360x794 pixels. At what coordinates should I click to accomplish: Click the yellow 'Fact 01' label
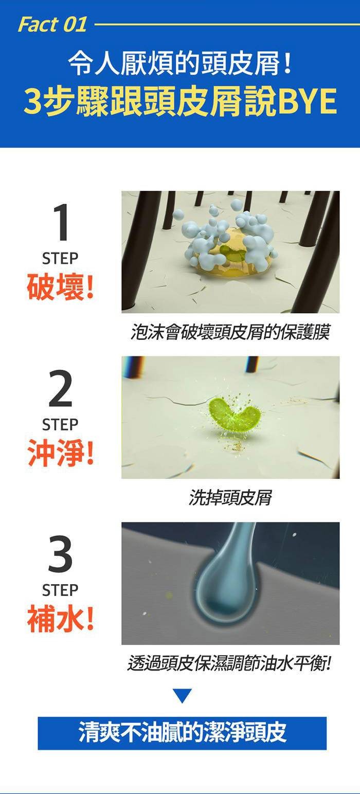(x=52, y=25)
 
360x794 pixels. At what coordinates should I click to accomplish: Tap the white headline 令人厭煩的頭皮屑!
(x=181, y=65)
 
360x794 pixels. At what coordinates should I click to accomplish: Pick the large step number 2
(x=60, y=388)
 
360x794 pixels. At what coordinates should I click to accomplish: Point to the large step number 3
(x=60, y=554)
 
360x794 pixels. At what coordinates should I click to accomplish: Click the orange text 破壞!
(x=61, y=286)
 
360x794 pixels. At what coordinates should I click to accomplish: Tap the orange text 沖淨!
(x=61, y=452)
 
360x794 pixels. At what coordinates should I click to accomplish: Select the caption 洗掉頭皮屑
(x=230, y=497)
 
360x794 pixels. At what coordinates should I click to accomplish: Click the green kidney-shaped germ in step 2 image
(x=232, y=415)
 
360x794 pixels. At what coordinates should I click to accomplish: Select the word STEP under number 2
(x=60, y=425)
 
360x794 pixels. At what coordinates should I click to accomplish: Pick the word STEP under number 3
(x=60, y=590)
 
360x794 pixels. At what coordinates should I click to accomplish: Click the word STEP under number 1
(x=60, y=259)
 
